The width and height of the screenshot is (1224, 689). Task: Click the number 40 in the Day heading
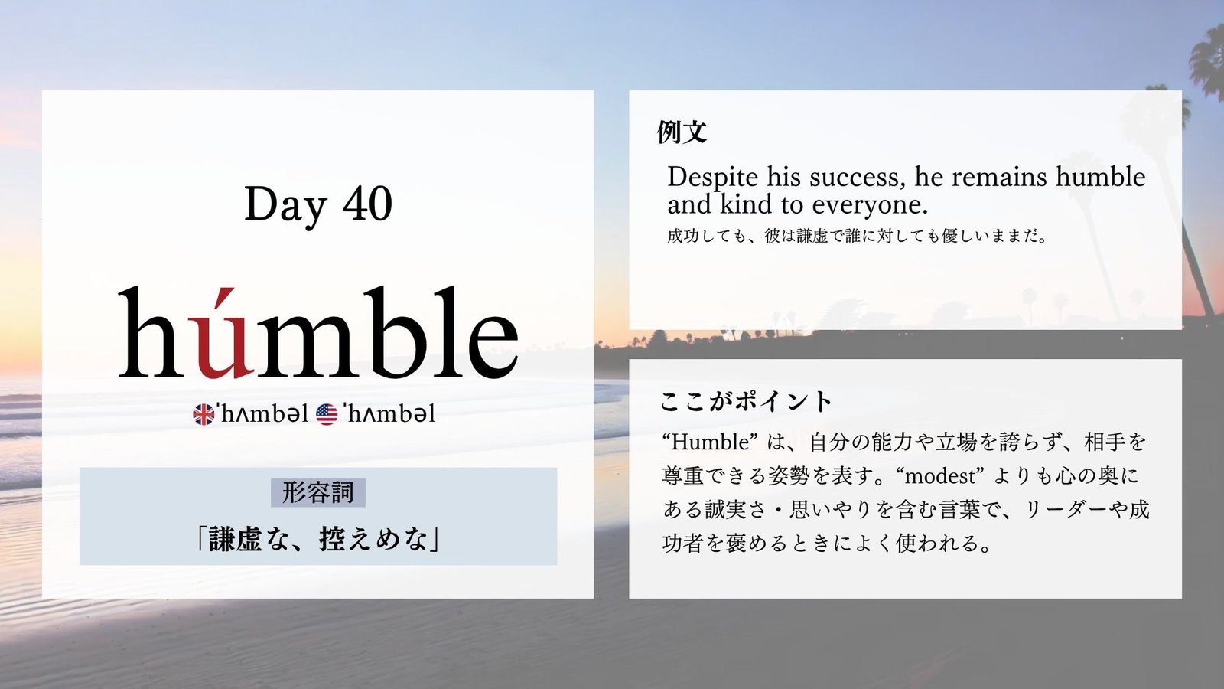point(368,204)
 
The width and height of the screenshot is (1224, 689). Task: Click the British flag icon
point(203,414)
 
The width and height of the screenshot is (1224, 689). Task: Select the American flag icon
point(327,414)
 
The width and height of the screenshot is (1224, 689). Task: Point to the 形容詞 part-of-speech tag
point(318,492)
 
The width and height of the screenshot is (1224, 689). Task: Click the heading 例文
point(682,132)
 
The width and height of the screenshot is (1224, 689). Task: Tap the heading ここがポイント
point(746,401)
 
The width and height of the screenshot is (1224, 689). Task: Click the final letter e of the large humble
point(493,345)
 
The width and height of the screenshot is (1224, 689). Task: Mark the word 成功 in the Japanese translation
point(684,237)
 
